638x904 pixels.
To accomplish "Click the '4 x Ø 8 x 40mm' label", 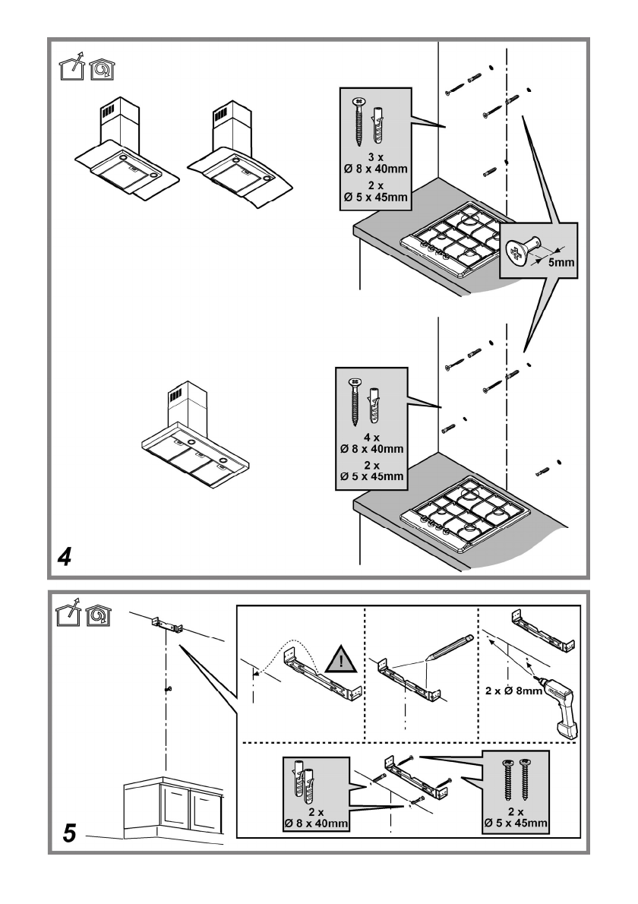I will [372, 443].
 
